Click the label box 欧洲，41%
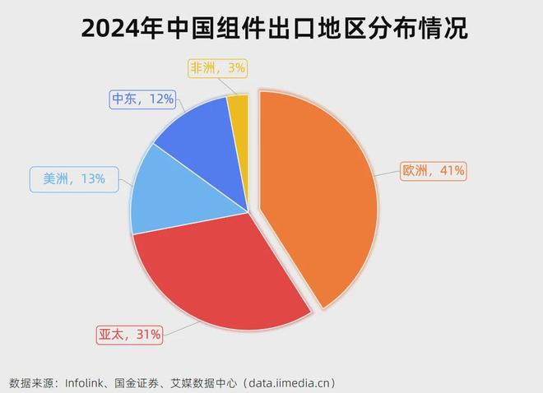pos(433,171)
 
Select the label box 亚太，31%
pos(130,333)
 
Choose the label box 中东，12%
pos(142,99)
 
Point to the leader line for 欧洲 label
pos(388,173)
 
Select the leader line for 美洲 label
pos(124,180)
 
